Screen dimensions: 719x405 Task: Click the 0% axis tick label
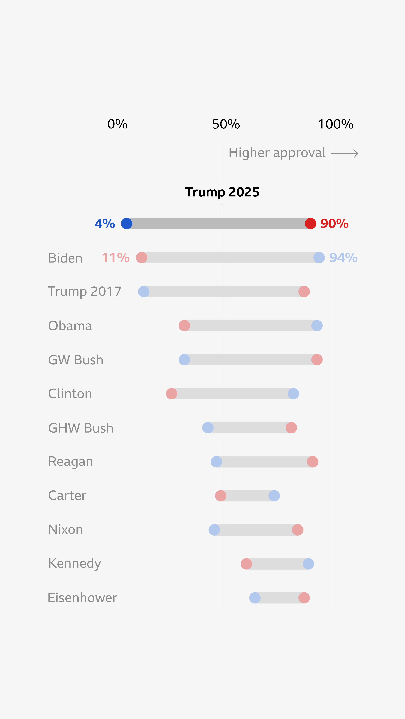117,124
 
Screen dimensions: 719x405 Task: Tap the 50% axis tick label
226,124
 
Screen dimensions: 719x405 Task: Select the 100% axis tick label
336,124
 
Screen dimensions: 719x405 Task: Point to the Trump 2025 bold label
222,192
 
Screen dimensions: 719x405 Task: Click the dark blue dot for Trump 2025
127,224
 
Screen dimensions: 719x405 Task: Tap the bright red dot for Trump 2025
310,224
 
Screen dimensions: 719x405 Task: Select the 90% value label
334,224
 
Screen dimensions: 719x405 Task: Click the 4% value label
105,224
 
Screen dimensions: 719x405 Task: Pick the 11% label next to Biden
115,258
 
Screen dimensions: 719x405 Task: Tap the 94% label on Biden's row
343,258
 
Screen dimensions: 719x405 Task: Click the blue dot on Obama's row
317,326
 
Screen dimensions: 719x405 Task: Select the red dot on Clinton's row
171,394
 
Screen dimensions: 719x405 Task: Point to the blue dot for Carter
274,496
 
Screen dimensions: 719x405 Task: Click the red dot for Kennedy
246,564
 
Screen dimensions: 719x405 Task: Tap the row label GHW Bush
81,428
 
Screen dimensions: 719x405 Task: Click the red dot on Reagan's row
313,462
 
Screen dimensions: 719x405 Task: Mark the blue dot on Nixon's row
214,530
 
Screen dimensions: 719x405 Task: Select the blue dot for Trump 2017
144,292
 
